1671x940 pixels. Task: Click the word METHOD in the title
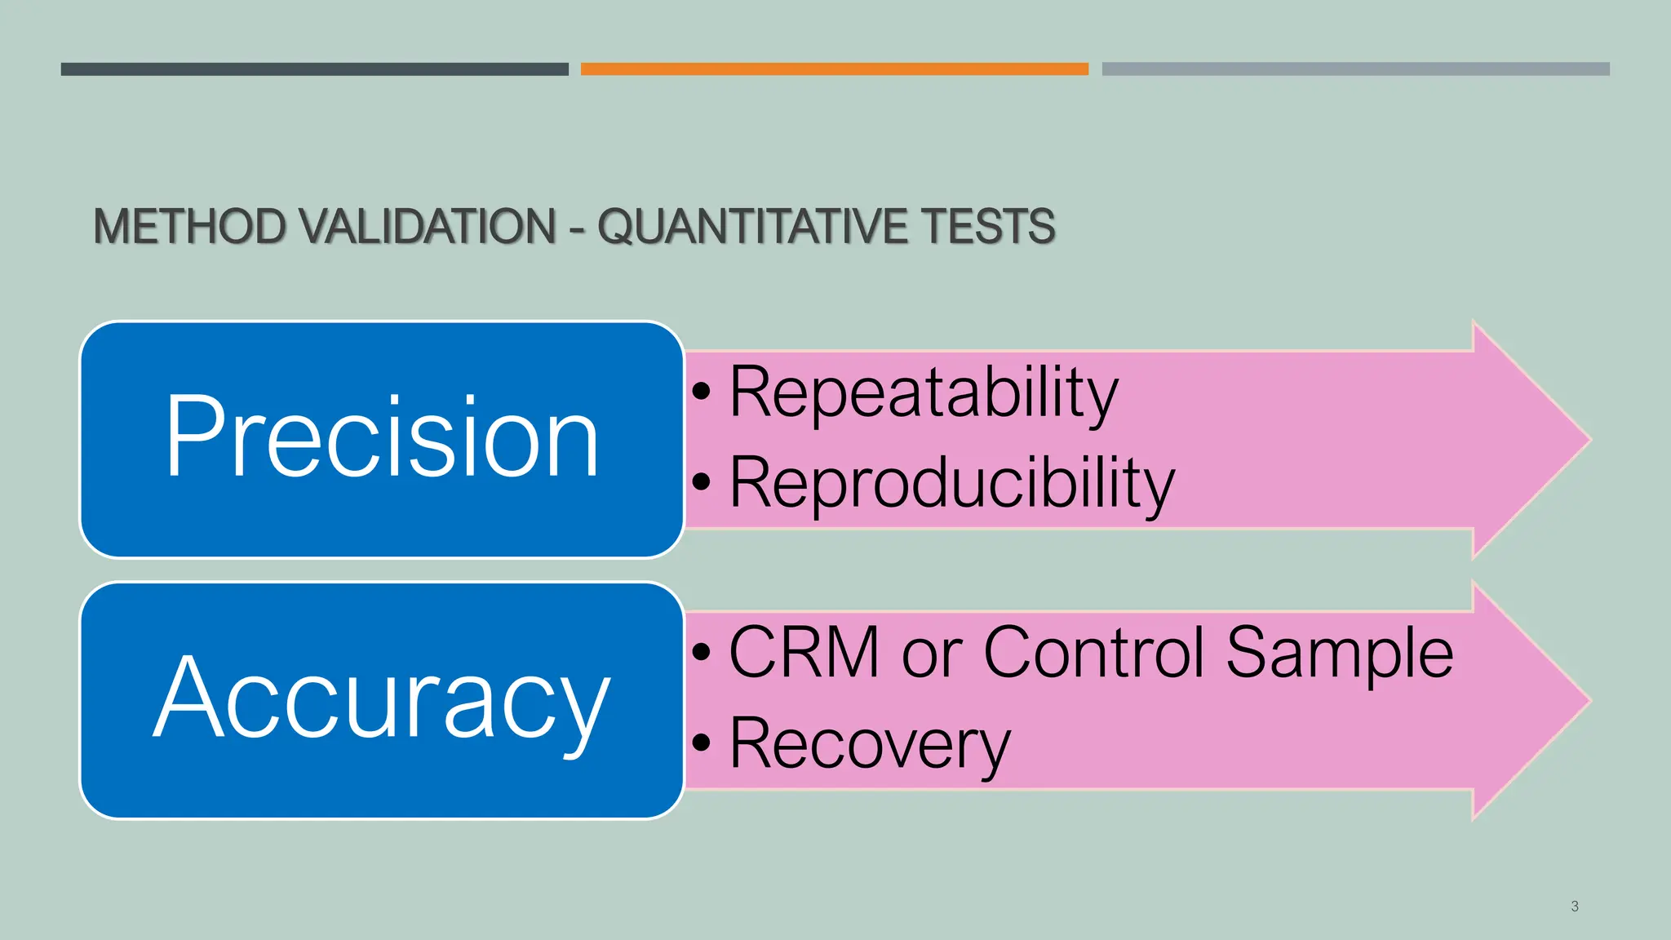pos(189,227)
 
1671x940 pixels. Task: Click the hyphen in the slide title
pos(577,228)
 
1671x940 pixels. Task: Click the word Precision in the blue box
pos(382,437)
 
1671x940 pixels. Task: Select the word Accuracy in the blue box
pos(382,698)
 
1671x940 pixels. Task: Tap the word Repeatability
pos(923,393)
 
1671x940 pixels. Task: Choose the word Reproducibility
pos(951,483)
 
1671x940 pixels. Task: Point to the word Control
pos(1094,653)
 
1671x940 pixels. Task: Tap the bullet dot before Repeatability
pos(702,393)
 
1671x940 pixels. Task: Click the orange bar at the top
pos(834,69)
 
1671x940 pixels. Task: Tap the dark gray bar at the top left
pos(314,69)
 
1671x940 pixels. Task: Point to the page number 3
pos(1574,907)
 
